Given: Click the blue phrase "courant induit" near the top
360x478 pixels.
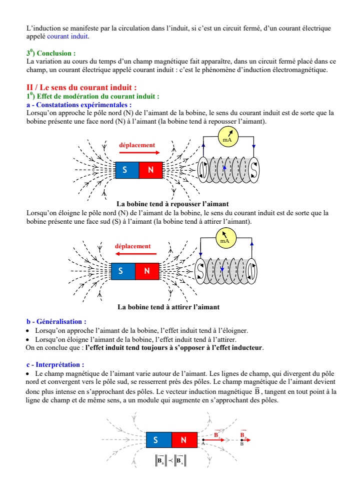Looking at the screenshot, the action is (x=67, y=36).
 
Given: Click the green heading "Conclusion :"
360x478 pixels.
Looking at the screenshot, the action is (x=56, y=54).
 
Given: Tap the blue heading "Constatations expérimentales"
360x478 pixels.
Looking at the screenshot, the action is (x=81, y=105).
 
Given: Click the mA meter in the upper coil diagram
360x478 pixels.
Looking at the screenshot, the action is (x=228, y=136).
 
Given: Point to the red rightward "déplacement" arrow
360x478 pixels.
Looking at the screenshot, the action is (x=139, y=153).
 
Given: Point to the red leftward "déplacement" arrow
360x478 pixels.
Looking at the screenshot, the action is (x=136, y=254).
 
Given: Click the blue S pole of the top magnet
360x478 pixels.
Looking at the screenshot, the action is (x=127, y=170).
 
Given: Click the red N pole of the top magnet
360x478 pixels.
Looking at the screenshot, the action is (x=151, y=170).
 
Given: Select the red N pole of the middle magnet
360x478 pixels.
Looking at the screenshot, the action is (x=147, y=271).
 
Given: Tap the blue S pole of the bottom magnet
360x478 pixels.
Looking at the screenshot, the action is (x=159, y=439).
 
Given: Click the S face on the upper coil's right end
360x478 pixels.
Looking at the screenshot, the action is (x=253, y=170).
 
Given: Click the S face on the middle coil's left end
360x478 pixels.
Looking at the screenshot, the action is (x=200, y=271).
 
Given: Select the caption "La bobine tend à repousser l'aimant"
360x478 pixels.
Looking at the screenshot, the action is (x=172, y=204).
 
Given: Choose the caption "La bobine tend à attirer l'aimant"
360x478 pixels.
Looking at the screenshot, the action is (x=168, y=307).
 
